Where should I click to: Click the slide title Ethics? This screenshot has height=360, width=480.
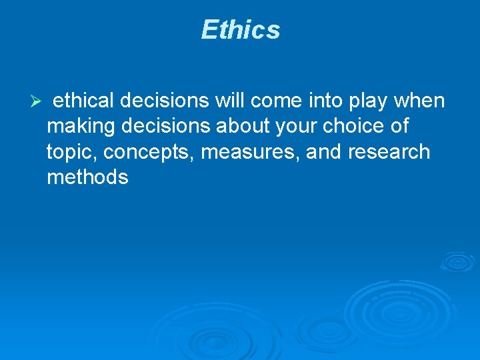[240, 30]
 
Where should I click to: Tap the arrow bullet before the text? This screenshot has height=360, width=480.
[37, 102]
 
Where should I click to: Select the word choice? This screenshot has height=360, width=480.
[353, 126]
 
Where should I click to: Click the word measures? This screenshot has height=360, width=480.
[250, 152]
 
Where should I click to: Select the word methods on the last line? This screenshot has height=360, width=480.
[87, 177]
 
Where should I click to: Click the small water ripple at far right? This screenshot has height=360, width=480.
[458, 261]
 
